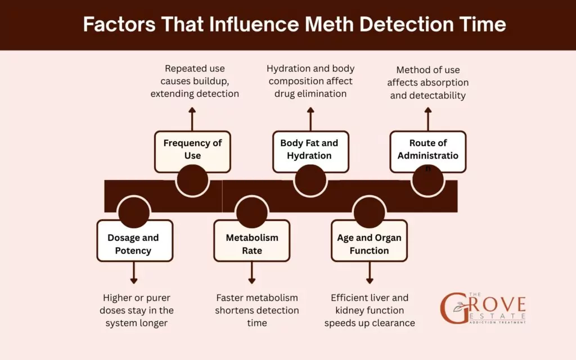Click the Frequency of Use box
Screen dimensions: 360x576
192,150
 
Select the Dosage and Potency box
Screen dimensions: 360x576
134,244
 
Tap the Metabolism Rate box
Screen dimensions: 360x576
252,244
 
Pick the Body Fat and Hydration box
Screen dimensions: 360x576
310,150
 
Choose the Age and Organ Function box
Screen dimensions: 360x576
369,244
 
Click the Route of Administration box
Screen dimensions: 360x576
428,150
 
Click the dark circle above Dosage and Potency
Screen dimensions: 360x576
134,211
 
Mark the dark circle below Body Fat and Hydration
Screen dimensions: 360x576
310,181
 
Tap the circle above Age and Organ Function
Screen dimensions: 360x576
369,211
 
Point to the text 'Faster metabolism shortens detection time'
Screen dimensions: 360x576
257,310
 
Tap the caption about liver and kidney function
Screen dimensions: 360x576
370,310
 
